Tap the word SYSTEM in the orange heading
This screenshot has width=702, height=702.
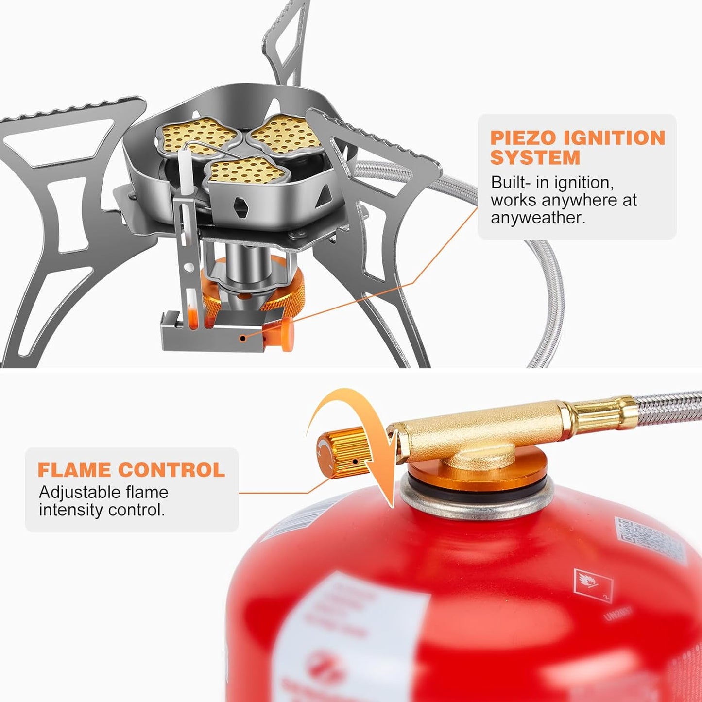[x=535, y=158]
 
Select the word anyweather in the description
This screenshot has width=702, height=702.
[x=538, y=218]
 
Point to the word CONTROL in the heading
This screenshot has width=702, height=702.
[x=171, y=470]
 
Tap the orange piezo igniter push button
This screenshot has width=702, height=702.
[x=285, y=334]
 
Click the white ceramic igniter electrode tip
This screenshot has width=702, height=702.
[x=185, y=170]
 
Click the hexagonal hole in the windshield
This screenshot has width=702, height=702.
[x=241, y=206]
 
